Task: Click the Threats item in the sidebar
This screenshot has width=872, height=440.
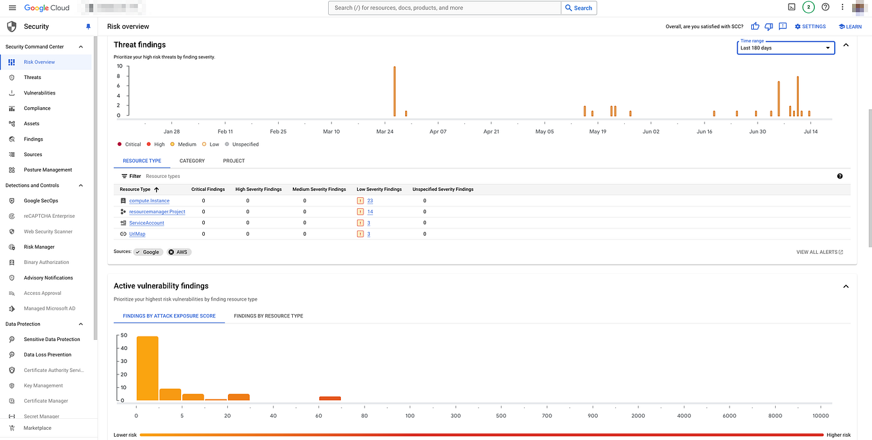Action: (x=32, y=78)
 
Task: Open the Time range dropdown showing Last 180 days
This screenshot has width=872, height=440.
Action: (x=785, y=48)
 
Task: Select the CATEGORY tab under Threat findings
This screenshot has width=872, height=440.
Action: (x=192, y=161)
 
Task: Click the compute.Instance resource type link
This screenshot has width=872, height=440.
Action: (x=149, y=201)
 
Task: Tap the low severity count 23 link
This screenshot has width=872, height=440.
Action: (x=370, y=201)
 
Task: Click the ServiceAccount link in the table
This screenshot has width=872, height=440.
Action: (x=146, y=223)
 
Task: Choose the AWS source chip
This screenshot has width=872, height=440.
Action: (x=179, y=252)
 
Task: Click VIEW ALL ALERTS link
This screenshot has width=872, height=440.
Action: (x=819, y=252)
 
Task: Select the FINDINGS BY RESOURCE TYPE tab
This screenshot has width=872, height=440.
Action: (x=268, y=316)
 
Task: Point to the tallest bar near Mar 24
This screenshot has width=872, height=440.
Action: (x=394, y=91)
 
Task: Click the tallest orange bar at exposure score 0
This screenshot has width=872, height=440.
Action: (x=147, y=369)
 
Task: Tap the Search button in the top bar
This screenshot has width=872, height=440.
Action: (x=579, y=8)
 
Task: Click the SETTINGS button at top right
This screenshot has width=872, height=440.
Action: (x=810, y=26)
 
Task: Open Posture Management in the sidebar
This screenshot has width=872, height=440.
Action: (x=48, y=170)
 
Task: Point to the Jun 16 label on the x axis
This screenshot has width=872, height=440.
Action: (x=704, y=132)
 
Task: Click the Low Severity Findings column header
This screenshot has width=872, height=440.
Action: (x=379, y=189)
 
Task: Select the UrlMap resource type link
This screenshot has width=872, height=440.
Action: (x=137, y=234)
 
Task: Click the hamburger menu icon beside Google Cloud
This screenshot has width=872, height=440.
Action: (x=12, y=8)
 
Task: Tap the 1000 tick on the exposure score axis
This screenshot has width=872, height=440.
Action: (x=593, y=416)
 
